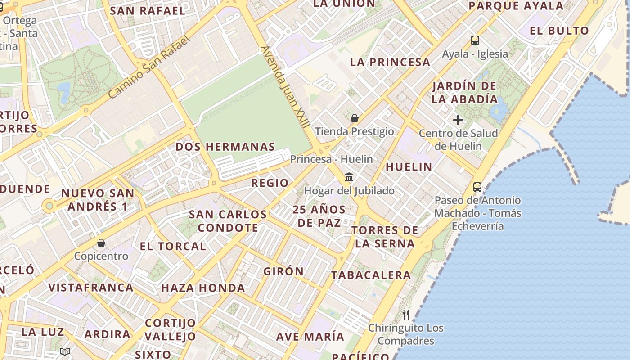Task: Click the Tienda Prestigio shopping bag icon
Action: (355, 119)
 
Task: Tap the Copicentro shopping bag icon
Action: (101, 243)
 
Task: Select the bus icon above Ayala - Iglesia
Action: (475, 40)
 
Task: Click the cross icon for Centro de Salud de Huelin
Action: (458, 120)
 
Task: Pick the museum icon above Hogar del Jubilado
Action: (349, 177)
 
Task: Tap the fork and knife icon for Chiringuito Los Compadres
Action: (406, 314)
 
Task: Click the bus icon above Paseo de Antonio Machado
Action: (477, 187)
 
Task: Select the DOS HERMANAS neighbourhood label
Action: (225, 147)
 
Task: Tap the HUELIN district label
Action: (409, 167)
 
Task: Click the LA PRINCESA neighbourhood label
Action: (390, 63)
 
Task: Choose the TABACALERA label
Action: (371, 275)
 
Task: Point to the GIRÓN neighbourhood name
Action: (283, 272)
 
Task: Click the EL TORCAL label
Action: (173, 247)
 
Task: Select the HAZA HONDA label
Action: (203, 288)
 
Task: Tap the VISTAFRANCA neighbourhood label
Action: (91, 288)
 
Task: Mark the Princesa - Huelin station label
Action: (331, 159)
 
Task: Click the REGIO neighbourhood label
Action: (270, 183)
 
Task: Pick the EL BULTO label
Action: (559, 31)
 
